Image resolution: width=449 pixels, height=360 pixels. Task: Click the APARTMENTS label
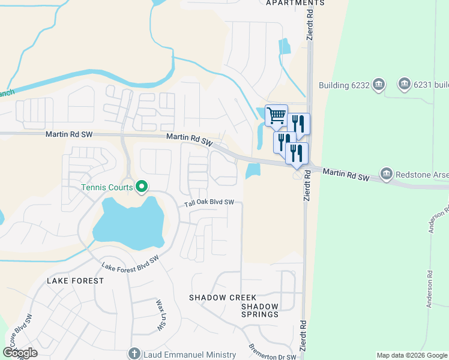[x=295, y=3]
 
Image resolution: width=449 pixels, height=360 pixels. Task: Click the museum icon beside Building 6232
[x=378, y=85]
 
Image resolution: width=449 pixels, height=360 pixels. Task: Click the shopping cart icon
[x=276, y=115]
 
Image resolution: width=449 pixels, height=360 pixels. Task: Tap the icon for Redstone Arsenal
[x=386, y=174]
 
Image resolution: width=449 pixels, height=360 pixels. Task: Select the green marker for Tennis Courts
[x=142, y=188]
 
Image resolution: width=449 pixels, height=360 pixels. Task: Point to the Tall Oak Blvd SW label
[x=209, y=203]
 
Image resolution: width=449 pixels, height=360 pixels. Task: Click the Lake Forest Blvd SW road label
[x=130, y=264]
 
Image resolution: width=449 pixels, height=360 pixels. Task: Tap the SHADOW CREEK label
[x=223, y=298]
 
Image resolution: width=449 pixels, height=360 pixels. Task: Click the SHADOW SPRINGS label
[x=260, y=310]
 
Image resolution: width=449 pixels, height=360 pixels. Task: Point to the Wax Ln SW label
[x=160, y=314]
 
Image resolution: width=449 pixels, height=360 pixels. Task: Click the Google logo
[x=19, y=353]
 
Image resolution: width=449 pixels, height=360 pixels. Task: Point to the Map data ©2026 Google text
[x=412, y=356]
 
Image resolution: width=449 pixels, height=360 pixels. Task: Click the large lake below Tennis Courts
[x=129, y=224]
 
